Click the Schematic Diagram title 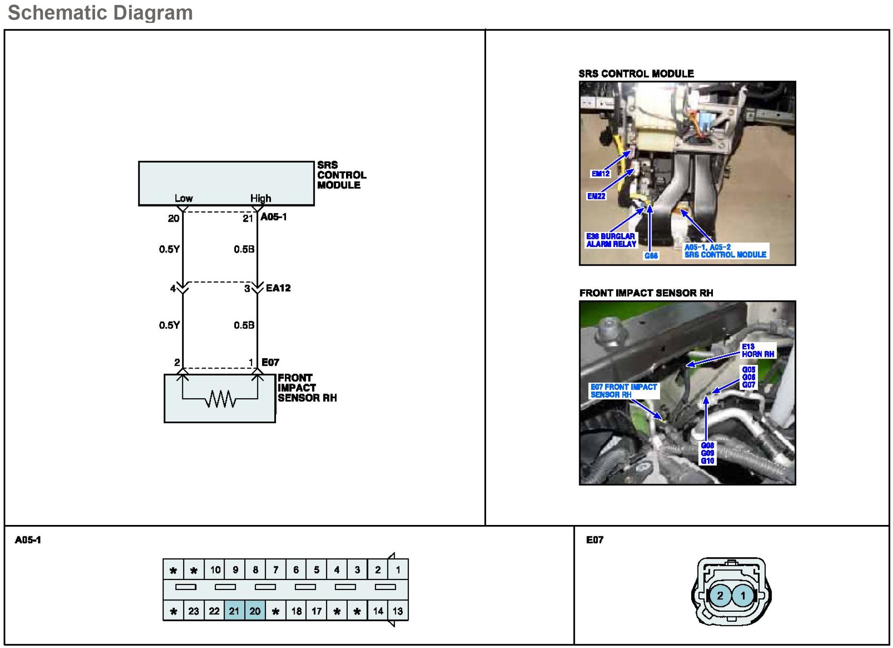100,13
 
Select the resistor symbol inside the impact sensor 220,400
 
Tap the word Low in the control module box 183,198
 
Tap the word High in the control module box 261,198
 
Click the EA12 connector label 278,288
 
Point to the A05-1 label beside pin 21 273,217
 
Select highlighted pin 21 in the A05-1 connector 234,611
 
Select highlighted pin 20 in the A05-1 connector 255,611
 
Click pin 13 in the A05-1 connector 398,611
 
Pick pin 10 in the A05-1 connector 215,570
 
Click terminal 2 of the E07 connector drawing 720,595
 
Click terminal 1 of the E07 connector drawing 742,595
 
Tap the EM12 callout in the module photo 600,173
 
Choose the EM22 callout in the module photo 596,196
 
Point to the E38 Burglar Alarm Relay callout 611,240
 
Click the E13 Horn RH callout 758,350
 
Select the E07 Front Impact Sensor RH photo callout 624,391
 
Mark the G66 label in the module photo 651,256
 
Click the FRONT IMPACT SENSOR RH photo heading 646,293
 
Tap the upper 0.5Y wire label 169,249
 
